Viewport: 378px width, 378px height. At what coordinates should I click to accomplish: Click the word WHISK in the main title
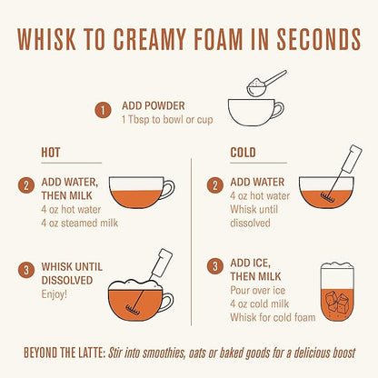(46, 39)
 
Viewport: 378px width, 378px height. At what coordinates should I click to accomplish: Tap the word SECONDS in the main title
(319, 39)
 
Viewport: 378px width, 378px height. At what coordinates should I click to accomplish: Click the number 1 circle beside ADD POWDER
(103, 111)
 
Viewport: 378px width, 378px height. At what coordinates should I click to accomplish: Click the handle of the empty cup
(279, 110)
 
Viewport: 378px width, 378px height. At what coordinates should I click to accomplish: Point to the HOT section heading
(51, 153)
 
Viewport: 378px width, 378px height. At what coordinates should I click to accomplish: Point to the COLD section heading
(243, 153)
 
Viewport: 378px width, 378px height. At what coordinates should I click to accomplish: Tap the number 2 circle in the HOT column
(25, 185)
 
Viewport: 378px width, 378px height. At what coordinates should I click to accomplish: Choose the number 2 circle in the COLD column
(215, 185)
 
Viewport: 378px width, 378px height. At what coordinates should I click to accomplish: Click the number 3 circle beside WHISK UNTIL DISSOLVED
(25, 270)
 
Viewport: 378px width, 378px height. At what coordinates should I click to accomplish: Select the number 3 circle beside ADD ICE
(215, 266)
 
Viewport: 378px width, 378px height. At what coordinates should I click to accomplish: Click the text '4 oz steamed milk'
(80, 224)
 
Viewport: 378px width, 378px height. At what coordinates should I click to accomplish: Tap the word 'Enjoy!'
(55, 294)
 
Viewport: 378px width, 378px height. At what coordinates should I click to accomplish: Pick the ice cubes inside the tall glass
(336, 303)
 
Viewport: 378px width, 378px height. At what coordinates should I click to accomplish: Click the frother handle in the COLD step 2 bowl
(352, 159)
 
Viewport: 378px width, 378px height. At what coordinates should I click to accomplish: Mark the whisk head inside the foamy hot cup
(133, 308)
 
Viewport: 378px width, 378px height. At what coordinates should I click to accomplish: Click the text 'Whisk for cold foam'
(273, 317)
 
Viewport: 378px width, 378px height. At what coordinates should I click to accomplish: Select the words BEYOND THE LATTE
(65, 353)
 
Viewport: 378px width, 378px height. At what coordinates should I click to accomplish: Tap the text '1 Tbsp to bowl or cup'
(167, 119)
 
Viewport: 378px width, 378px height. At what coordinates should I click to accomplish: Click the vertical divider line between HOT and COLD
(192, 242)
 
